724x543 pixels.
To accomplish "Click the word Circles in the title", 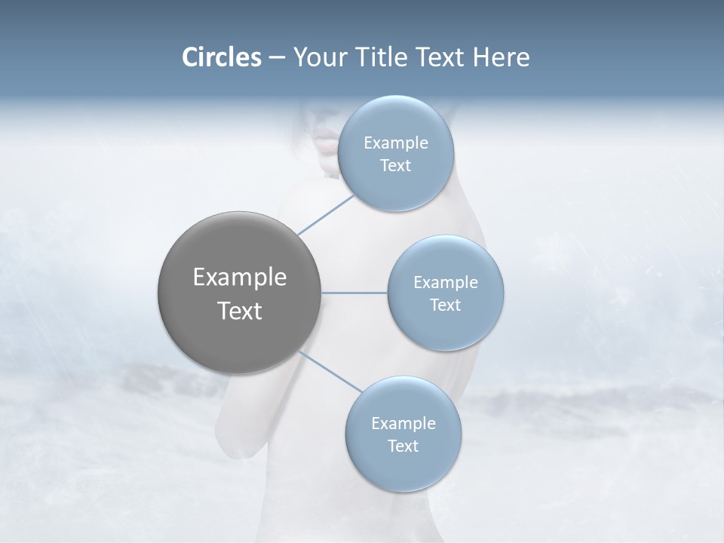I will [x=221, y=57].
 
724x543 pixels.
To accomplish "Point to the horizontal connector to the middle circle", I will [x=354, y=293].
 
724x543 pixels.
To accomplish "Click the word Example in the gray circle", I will [x=239, y=278].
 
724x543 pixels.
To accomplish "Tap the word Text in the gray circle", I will [x=239, y=311].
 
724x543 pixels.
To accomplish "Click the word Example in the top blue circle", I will [x=395, y=143].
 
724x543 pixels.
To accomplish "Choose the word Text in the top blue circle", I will [x=395, y=166].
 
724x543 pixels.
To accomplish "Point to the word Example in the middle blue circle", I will [x=445, y=283].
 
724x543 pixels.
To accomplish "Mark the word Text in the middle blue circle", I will [x=445, y=305].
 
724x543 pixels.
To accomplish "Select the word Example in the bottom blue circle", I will [x=403, y=424].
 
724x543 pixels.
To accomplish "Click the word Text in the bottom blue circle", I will [x=403, y=446].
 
